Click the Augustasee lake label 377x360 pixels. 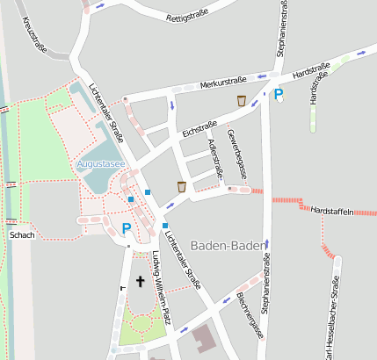101,164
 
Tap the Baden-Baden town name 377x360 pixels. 228,245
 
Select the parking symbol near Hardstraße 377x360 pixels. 279,94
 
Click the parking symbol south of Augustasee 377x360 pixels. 127,228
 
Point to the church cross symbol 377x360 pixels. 139,282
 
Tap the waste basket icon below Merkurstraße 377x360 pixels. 241,101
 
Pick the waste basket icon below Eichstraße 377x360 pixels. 181,186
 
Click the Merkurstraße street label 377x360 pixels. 223,82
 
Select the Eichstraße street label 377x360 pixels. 199,127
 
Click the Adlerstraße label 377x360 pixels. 213,153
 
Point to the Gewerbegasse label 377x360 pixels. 235,154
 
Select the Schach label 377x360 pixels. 22,235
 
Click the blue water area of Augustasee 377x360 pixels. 111,140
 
